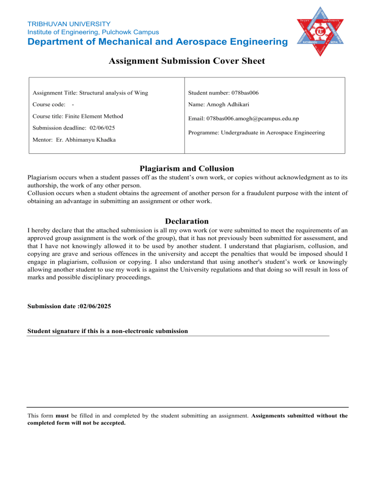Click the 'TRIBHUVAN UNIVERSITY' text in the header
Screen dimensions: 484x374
click(69, 23)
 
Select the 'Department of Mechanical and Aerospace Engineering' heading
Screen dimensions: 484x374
click(157, 42)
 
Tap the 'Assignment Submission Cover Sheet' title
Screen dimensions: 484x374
click(187, 61)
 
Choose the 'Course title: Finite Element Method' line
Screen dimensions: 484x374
click(77, 116)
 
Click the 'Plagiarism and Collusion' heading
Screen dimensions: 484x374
click(187, 168)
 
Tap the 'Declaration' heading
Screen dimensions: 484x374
click(187, 221)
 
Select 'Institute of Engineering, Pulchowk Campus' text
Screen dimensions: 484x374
click(91, 32)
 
